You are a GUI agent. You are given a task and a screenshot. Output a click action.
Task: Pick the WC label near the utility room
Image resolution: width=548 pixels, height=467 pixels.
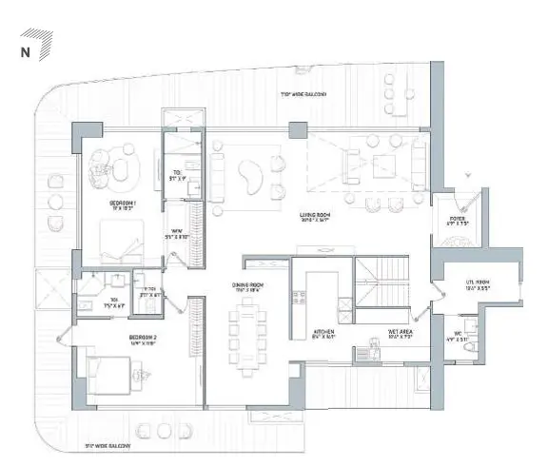457,333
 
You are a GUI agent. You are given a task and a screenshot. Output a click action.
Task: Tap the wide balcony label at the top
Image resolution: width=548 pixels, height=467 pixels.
303,94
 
